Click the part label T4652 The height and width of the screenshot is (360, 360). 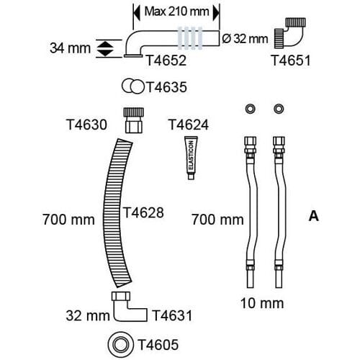[166, 60]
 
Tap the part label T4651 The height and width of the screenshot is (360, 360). [291, 60]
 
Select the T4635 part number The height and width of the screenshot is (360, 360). [166, 87]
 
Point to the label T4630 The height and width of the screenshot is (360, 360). [86, 125]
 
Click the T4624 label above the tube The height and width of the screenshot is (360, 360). [189, 125]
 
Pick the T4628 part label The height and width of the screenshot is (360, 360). [143, 212]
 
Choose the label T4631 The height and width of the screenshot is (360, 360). [172, 315]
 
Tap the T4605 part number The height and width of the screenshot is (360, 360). [158, 345]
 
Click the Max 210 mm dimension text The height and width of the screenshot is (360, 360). [176, 12]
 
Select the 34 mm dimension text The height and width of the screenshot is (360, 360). [70, 48]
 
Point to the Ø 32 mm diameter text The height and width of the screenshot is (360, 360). [245, 39]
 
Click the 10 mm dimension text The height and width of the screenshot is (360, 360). [262, 303]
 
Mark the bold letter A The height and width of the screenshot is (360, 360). [314, 216]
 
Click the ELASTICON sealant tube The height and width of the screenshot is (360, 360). [191, 158]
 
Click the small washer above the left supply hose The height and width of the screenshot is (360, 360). [250, 109]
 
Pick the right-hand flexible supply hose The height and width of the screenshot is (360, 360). [279, 212]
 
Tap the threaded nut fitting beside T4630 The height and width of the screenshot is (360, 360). [134, 120]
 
